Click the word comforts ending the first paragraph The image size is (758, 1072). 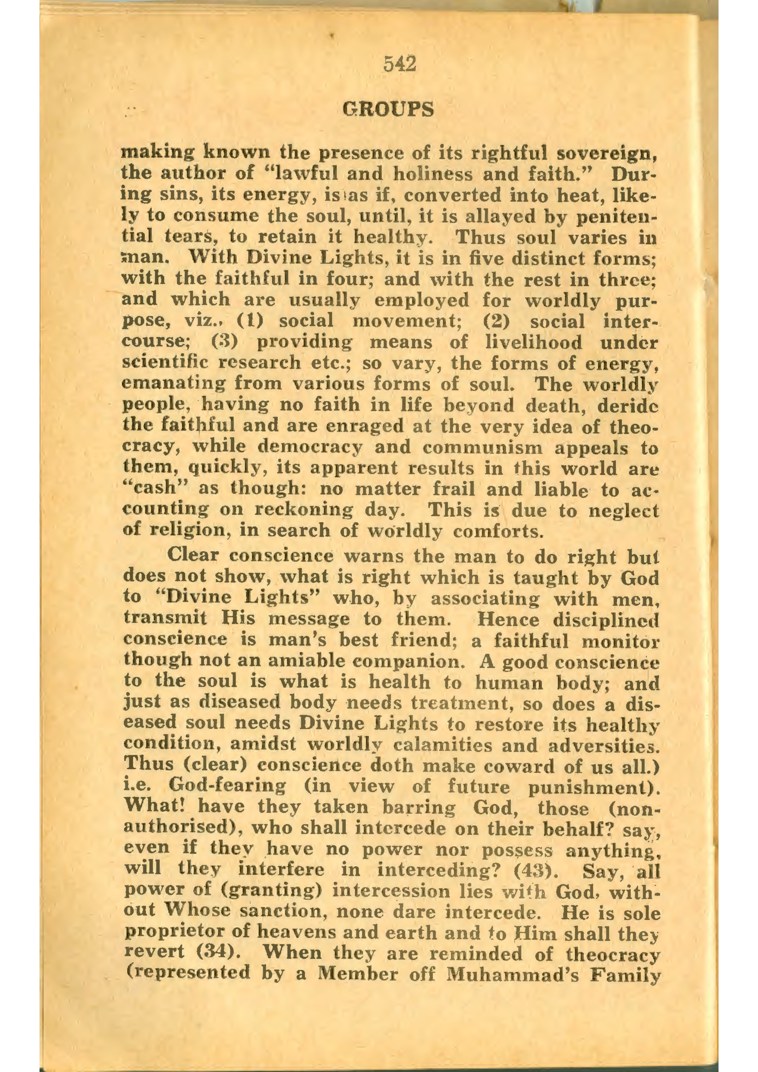click(498, 531)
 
